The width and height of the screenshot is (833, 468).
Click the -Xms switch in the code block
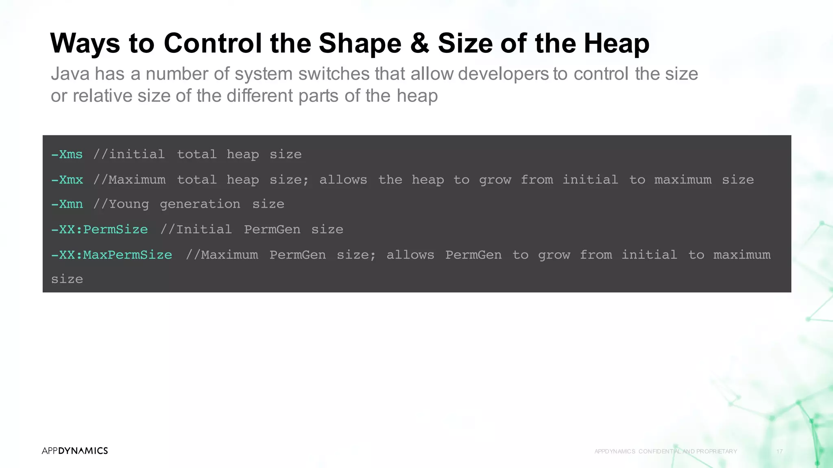(x=67, y=154)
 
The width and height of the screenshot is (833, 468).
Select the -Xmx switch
(x=67, y=180)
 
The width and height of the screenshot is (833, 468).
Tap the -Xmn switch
(x=67, y=204)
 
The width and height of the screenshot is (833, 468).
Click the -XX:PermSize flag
(x=100, y=230)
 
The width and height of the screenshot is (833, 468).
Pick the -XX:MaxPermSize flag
(x=112, y=255)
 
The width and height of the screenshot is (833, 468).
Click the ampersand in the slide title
(x=419, y=43)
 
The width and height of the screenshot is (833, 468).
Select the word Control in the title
(x=213, y=43)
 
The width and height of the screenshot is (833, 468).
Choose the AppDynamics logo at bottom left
(x=75, y=451)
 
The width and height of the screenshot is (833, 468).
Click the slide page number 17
(x=779, y=451)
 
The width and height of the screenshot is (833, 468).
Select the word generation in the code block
(x=200, y=204)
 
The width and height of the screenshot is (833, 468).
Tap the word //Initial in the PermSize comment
(x=196, y=230)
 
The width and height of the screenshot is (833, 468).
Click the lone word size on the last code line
(x=67, y=279)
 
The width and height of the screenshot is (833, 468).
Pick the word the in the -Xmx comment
(x=390, y=180)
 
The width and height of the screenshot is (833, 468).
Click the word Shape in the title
(x=360, y=43)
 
